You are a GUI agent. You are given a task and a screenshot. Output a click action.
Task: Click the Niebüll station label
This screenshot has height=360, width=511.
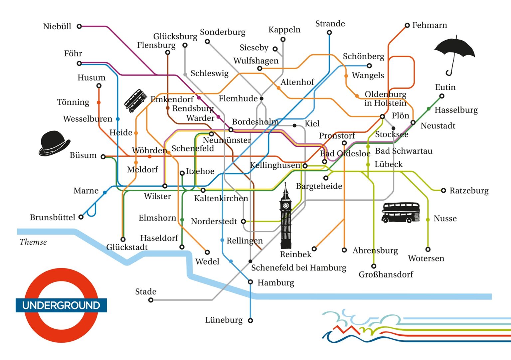(x=57, y=27)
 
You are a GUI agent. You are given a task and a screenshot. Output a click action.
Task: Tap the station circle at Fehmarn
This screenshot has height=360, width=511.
(x=407, y=25)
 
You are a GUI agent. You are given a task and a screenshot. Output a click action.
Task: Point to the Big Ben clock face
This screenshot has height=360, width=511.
(x=286, y=206)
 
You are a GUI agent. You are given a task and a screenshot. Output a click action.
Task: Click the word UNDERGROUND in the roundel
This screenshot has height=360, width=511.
(x=61, y=305)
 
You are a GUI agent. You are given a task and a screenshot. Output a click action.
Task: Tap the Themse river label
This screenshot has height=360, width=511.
(x=33, y=242)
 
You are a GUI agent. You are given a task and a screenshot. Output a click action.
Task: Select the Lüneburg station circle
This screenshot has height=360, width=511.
(x=250, y=320)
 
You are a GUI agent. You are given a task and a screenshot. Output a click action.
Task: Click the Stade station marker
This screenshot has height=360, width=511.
(x=151, y=300)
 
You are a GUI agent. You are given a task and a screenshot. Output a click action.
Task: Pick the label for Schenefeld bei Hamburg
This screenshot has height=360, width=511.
(x=298, y=268)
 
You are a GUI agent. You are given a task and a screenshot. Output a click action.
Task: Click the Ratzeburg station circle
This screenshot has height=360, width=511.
(x=443, y=190)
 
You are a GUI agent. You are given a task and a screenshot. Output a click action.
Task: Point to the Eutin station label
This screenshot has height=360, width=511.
(x=445, y=87)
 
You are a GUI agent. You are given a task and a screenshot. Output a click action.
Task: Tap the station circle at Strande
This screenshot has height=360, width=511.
(x=329, y=33)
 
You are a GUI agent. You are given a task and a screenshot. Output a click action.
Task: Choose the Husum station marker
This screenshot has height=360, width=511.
(x=99, y=86)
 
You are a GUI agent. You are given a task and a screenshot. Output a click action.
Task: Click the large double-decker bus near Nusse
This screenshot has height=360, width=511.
(x=401, y=212)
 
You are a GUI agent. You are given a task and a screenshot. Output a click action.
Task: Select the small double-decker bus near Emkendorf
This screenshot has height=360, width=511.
(x=135, y=100)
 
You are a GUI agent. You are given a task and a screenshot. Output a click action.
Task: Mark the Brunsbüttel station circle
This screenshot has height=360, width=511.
(x=81, y=217)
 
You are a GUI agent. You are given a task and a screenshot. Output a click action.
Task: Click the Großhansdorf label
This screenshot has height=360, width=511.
(x=386, y=274)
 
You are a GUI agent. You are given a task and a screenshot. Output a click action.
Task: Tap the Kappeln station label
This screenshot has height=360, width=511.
(x=284, y=30)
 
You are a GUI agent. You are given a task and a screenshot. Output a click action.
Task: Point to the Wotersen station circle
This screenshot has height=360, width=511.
(x=428, y=249)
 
